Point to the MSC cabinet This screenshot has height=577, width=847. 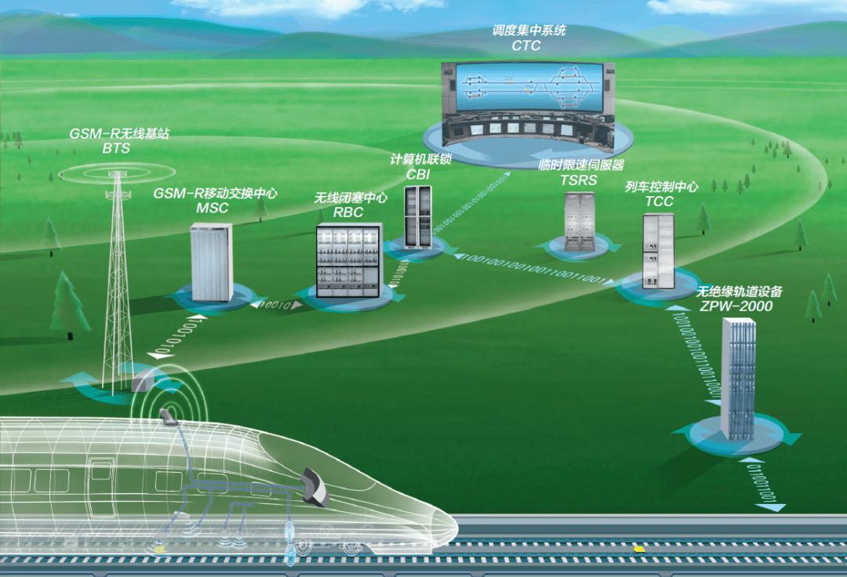click(x=213, y=262)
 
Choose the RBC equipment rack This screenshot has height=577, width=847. click(x=347, y=256)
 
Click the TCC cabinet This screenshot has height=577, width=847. click(x=658, y=249)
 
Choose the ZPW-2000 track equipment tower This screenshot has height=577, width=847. click(x=738, y=376)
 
